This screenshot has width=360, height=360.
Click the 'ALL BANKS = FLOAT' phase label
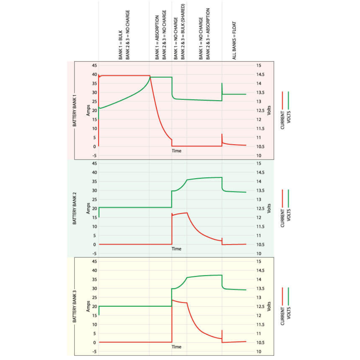234,41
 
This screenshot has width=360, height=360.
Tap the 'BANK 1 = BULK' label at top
121,45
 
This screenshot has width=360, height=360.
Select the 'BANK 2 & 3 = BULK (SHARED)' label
183,32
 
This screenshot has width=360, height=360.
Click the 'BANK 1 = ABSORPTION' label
157,37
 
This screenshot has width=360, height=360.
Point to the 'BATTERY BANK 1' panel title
75,110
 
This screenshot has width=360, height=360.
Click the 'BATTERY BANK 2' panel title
75,208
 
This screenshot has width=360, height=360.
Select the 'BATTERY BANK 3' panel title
75,306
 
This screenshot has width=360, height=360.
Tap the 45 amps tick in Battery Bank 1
94,65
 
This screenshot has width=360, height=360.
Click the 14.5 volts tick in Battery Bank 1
261,75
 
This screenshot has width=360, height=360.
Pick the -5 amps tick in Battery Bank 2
94,254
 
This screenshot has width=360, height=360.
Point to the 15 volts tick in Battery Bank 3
259,262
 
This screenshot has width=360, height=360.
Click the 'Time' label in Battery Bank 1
176,151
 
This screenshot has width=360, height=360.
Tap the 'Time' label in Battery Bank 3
176,347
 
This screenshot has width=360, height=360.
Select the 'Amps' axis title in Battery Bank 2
88,208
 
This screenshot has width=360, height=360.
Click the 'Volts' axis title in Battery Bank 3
269,307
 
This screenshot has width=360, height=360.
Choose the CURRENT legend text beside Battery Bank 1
282,120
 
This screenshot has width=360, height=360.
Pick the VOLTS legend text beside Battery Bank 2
289,215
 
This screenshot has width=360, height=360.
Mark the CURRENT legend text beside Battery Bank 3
282,316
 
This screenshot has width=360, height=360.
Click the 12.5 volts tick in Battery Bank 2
261,208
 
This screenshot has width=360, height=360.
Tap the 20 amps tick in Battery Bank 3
94,307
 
